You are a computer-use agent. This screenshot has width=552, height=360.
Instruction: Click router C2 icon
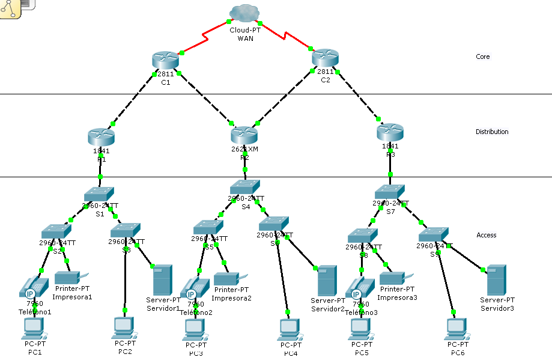[325, 58]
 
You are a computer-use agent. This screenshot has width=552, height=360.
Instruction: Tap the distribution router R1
[100, 137]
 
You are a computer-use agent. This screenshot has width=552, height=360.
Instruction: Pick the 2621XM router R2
[244, 135]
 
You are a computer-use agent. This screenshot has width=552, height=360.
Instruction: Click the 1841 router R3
[390, 132]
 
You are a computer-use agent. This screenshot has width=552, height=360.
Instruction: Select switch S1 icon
[99, 194]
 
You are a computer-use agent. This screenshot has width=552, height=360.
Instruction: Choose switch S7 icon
[390, 192]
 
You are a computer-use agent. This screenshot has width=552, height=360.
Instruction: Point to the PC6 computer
[456, 328]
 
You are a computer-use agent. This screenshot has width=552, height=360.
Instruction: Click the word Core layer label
[482, 57]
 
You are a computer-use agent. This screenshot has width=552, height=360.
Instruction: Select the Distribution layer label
[492, 132]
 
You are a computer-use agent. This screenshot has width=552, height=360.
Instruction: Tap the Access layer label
[486, 235]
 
